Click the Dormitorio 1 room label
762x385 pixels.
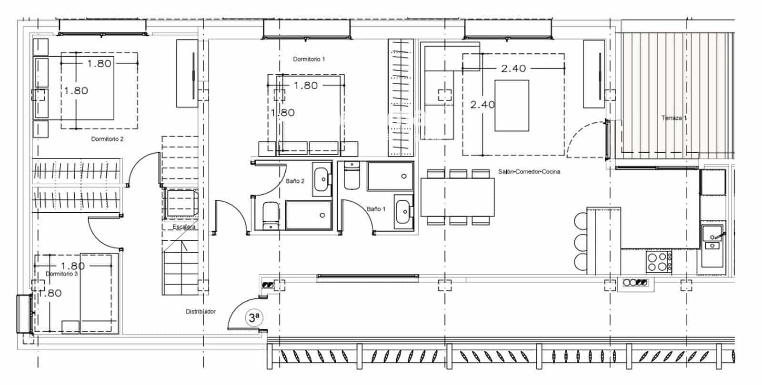pyautogui.click(x=309, y=59)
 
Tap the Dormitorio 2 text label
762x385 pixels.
pyautogui.click(x=107, y=139)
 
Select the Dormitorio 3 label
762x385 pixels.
pyautogui.click(x=61, y=274)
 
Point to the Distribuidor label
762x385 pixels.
pyautogui.click(x=201, y=311)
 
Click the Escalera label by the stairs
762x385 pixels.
pyautogui.click(x=184, y=227)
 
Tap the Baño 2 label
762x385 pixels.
pyautogui.click(x=295, y=181)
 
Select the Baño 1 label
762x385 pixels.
pyautogui.click(x=376, y=208)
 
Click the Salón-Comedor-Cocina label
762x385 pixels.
pyautogui.click(x=529, y=171)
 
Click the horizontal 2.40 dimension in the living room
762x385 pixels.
pyautogui.click(x=513, y=69)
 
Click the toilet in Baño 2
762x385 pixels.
pyautogui.click(x=271, y=216)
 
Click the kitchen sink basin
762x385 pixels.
pyautogui.click(x=713, y=234)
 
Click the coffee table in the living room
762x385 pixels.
pyautogui.click(x=511, y=105)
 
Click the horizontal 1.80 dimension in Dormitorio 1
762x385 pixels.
pyautogui.click(x=305, y=86)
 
